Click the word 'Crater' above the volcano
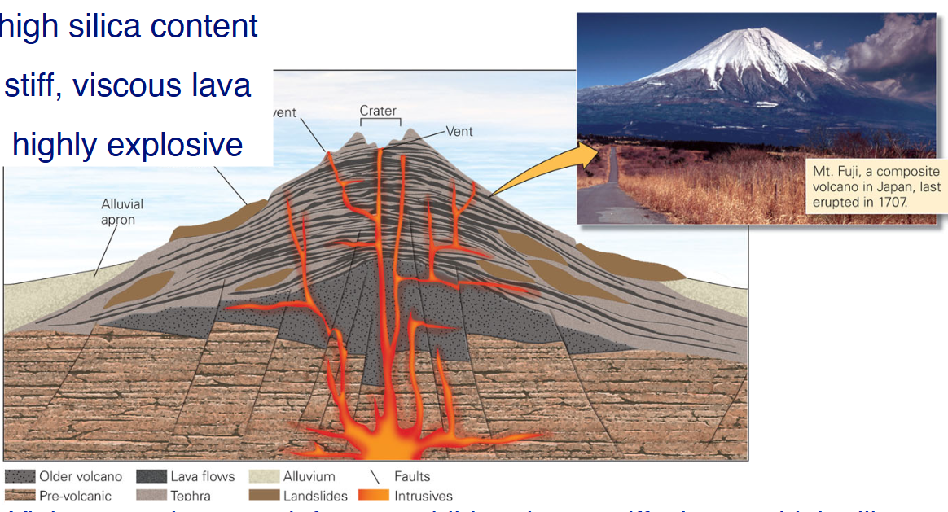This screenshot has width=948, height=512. [x=378, y=111]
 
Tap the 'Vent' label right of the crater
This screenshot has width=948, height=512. [x=459, y=131]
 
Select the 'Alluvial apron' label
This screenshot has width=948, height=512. [x=118, y=212]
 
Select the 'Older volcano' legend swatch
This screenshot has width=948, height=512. [x=20, y=477]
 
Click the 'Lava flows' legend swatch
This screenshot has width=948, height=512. [x=151, y=477]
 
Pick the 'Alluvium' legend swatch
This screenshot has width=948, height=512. [x=264, y=477]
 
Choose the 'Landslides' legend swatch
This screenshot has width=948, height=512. [x=264, y=495]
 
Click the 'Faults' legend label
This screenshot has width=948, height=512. [x=412, y=477]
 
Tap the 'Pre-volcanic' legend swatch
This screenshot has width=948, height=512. [x=20, y=495]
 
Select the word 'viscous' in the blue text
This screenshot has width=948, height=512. [x=132, y=85]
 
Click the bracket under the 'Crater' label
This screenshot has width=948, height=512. [x=380, y=121]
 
